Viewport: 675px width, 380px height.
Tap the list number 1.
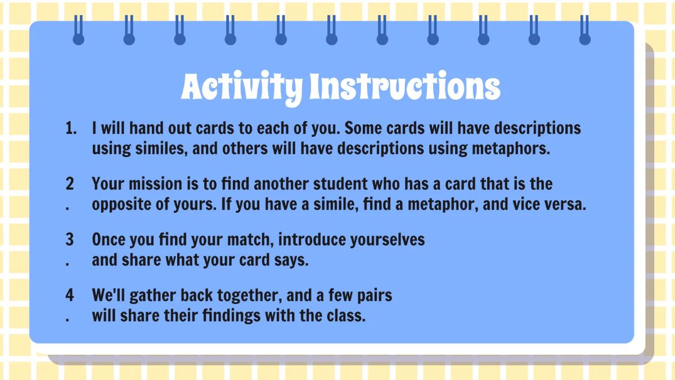[x=70, y=128]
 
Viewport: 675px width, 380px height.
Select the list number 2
[x=70, y=184]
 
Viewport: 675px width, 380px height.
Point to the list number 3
[x=70, y=240]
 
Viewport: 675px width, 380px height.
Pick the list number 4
[x=70, y=295]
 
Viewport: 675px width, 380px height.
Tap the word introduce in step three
[x=312, y=240]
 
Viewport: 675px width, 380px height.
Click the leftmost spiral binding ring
[x=79, y=31]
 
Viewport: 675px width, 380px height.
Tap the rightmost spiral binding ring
[x=585, y=31]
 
